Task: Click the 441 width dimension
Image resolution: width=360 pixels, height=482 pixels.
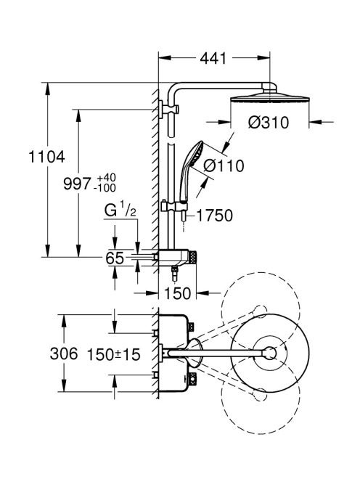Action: point(213,58)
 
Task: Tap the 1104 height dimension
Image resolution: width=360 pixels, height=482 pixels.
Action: point(46,157)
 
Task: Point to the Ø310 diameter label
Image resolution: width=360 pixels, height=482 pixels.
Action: point(269,123)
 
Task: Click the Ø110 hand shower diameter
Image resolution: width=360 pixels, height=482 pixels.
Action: point(224,166)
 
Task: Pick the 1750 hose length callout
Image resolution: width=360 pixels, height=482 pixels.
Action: point(215,216)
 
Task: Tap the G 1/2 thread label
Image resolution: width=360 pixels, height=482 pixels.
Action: point(120,211)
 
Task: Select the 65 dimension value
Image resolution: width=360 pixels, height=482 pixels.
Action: point(115,258)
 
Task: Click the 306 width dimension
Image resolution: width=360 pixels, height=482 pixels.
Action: point(64,354)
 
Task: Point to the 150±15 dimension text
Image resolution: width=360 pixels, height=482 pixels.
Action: point(114,354)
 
